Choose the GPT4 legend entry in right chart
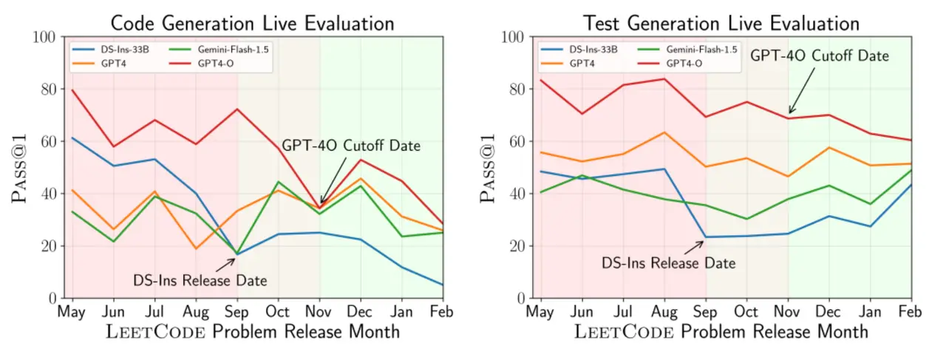582,64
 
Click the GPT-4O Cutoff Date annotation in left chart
351,146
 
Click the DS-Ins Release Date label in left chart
200,280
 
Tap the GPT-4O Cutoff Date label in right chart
820,55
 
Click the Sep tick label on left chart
238,311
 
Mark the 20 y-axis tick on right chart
517,246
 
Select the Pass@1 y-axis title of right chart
487,168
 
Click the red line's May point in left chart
72,89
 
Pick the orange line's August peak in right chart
664,132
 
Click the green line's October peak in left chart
279,182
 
